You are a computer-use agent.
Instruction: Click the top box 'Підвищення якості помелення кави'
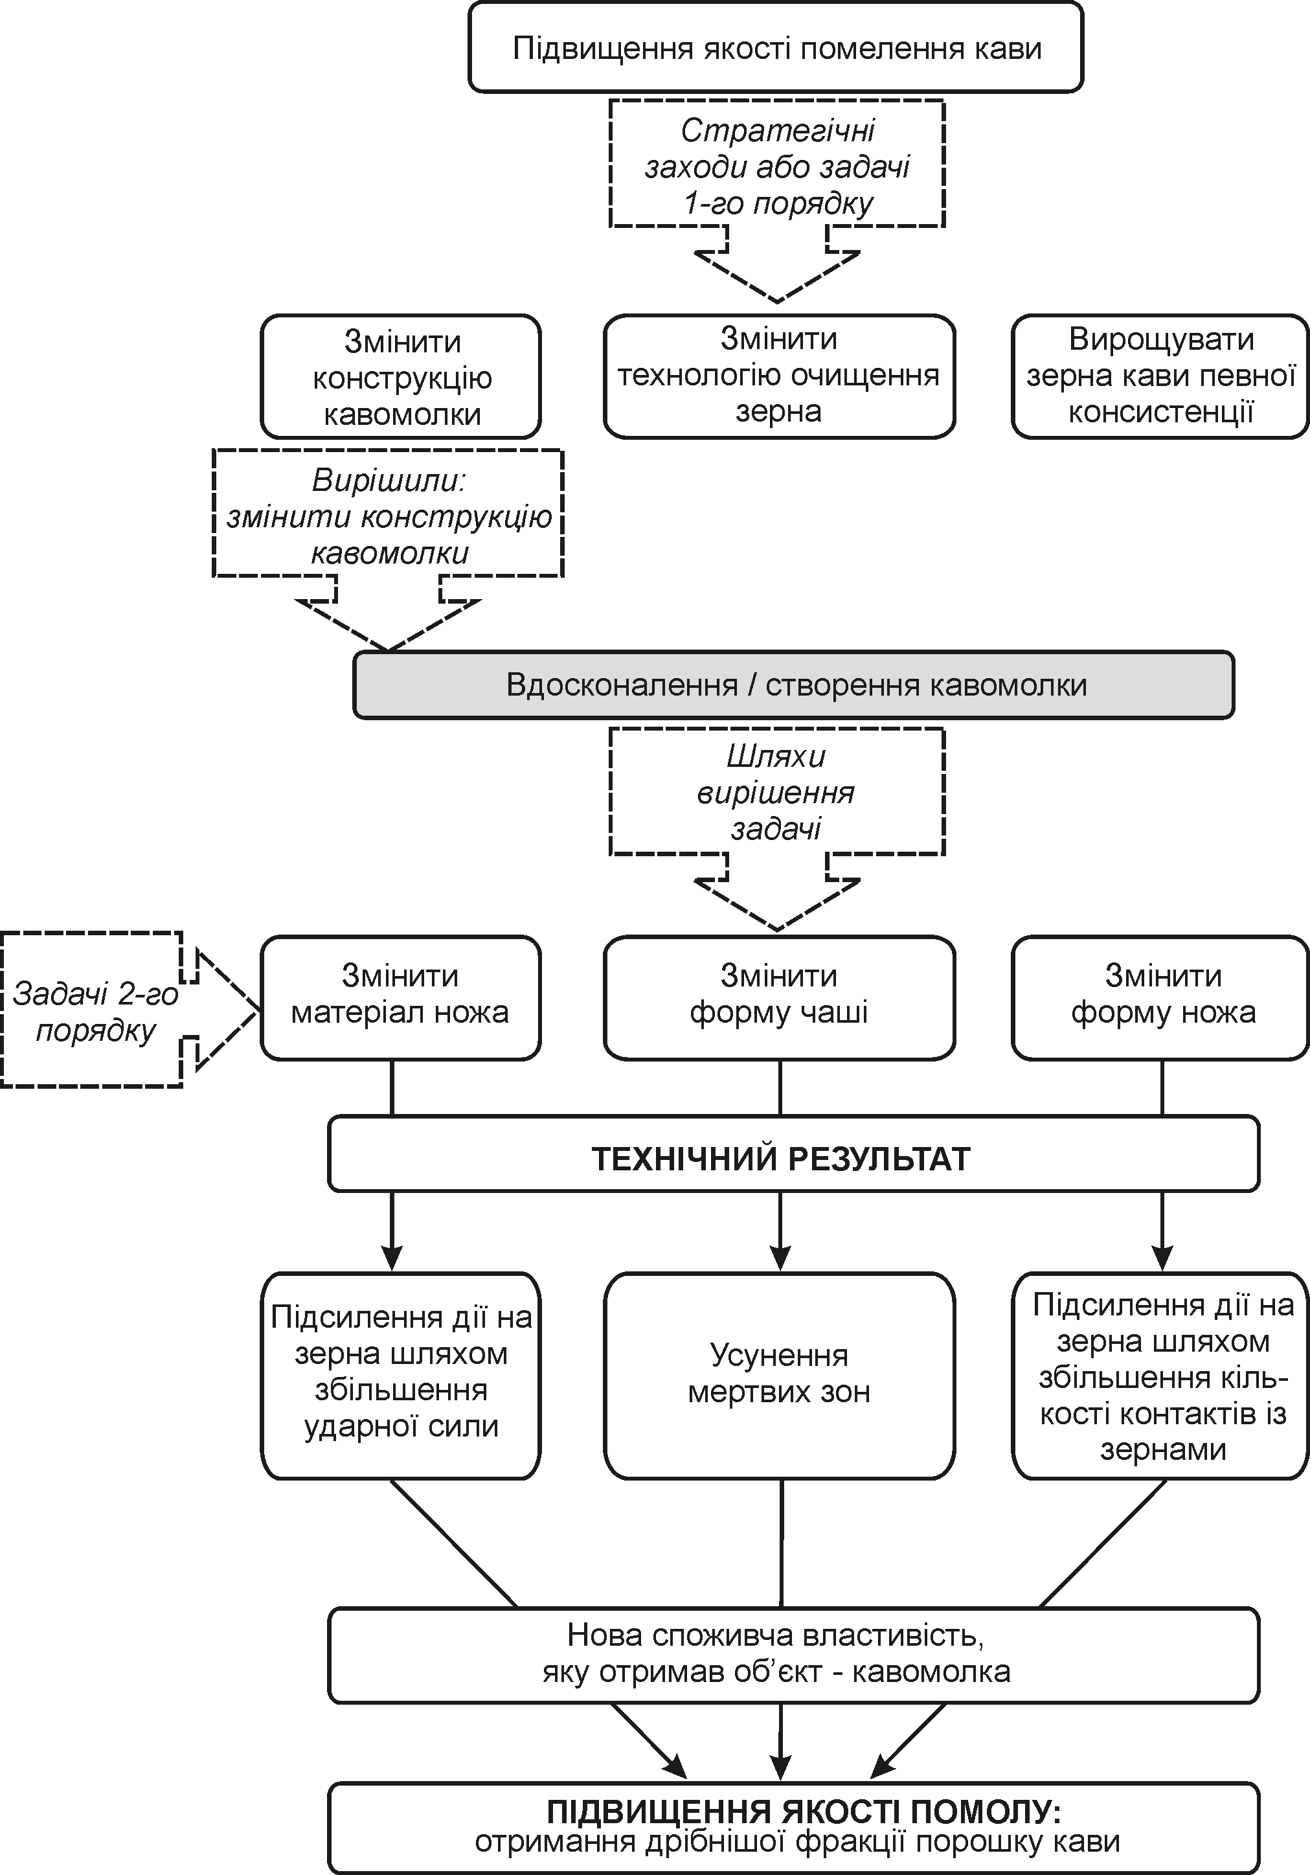[776, 47]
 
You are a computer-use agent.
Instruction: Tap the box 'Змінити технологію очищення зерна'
[779, 376]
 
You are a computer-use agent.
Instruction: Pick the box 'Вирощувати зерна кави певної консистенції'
[1160, 376]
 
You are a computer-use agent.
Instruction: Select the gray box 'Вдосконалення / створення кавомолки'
[793, 685]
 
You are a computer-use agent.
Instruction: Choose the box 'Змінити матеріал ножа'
[400, 997]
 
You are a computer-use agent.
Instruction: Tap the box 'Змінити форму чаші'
[779, 997]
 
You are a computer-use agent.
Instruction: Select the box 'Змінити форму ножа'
[1160, 997]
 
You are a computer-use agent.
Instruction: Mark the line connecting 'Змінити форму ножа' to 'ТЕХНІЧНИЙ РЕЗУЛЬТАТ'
[1161, 1088]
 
